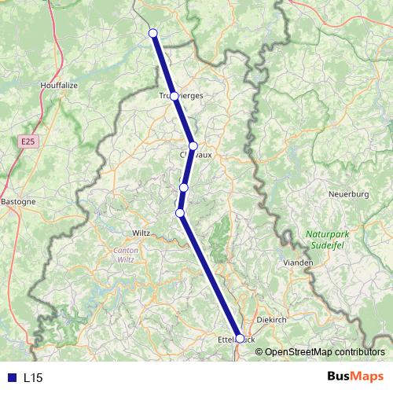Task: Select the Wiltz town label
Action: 141,233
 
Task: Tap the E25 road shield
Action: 28,141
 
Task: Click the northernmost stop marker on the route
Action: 153,33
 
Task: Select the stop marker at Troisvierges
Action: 174,96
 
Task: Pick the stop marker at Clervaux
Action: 193,146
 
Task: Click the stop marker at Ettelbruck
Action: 240,339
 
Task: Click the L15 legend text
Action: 33,378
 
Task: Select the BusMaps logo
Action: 355,377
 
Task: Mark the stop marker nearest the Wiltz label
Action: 180,213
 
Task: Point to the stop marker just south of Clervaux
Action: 184,187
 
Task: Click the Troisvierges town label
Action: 181,96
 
